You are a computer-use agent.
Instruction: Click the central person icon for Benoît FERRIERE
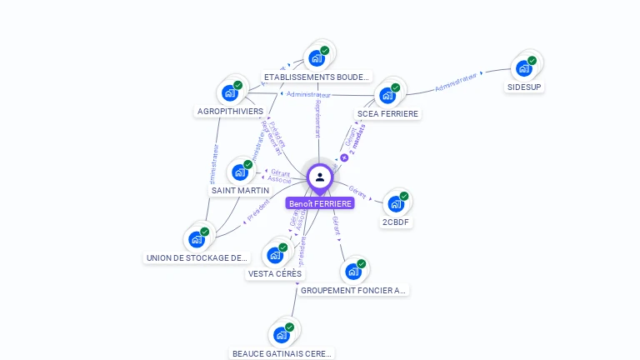(319, 177)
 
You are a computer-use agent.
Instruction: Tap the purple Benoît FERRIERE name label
(320, 203)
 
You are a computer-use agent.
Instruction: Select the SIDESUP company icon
(524, 67)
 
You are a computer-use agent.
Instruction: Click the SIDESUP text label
(524, 87)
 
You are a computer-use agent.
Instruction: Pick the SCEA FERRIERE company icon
(387, 94)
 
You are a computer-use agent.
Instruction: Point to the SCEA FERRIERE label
(387, 113)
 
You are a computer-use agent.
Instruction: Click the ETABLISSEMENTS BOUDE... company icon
(316, 57)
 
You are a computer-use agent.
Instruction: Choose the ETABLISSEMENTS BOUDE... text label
(316, 77)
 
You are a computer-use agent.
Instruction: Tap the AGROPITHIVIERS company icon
(229, 92)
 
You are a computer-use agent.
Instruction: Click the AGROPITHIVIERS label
(230, 111)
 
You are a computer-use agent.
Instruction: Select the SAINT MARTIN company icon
(240, 172)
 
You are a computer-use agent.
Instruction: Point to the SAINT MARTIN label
(240, 191)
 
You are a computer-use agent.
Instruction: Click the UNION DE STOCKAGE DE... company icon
(197, 239)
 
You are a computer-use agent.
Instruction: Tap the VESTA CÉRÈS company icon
(275, 255)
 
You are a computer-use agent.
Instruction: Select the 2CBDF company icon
(396, 203)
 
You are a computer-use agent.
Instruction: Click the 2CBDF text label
(397, 222)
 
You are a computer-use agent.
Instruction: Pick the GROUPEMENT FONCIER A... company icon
(353, 272)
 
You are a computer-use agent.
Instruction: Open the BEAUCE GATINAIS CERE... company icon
(282, 335)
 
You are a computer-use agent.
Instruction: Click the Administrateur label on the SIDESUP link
(456, 82)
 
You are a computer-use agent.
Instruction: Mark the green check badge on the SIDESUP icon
(532, 59)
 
